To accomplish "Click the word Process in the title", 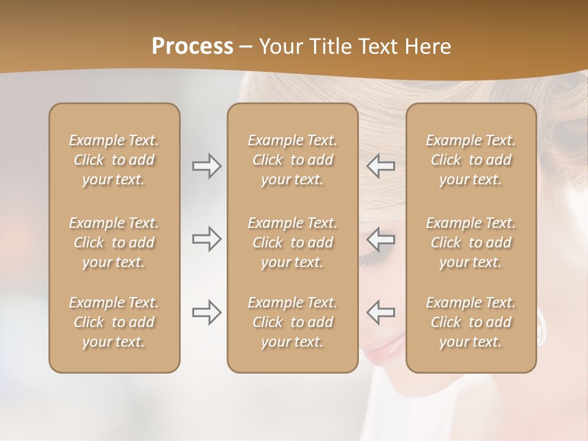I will (192, 46).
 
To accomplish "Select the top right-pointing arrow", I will (207, 166).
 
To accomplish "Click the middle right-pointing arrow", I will (207, 239).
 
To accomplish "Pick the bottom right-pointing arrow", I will (207, 312).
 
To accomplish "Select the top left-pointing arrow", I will (380, 166).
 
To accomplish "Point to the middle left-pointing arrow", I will (380, 239).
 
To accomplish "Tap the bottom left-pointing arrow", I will (380, 312).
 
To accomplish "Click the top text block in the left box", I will (114, 160).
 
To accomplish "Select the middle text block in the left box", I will (114, 243).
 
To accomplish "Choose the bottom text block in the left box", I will (114, 322).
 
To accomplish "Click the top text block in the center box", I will (292, 160).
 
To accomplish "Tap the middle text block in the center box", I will (292, 243).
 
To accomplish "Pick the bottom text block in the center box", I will (292, 322).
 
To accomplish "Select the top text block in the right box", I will (471, 160).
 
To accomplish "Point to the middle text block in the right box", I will (471, 243).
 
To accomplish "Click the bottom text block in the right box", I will (471, 322).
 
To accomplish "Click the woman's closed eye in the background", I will (374, 260).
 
